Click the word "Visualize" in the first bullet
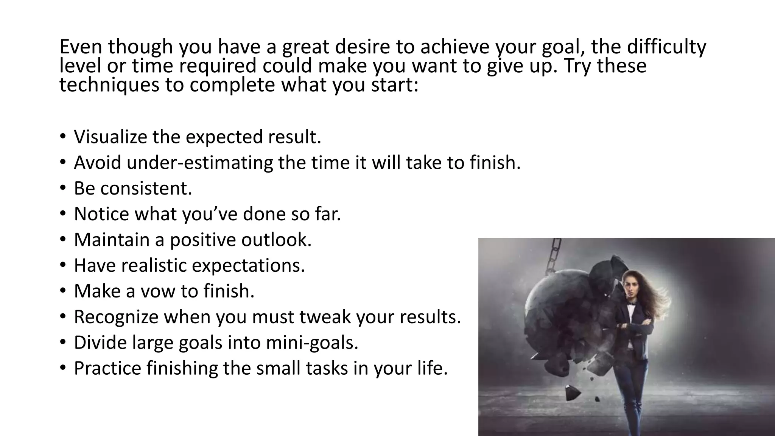(x=110, y=137)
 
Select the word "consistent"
(x=146, y=188)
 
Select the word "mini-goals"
(x=312, y=343)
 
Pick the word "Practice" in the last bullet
(x=107, y=368)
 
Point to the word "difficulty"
(x=666, y=47)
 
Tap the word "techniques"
(x=109, y=85)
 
